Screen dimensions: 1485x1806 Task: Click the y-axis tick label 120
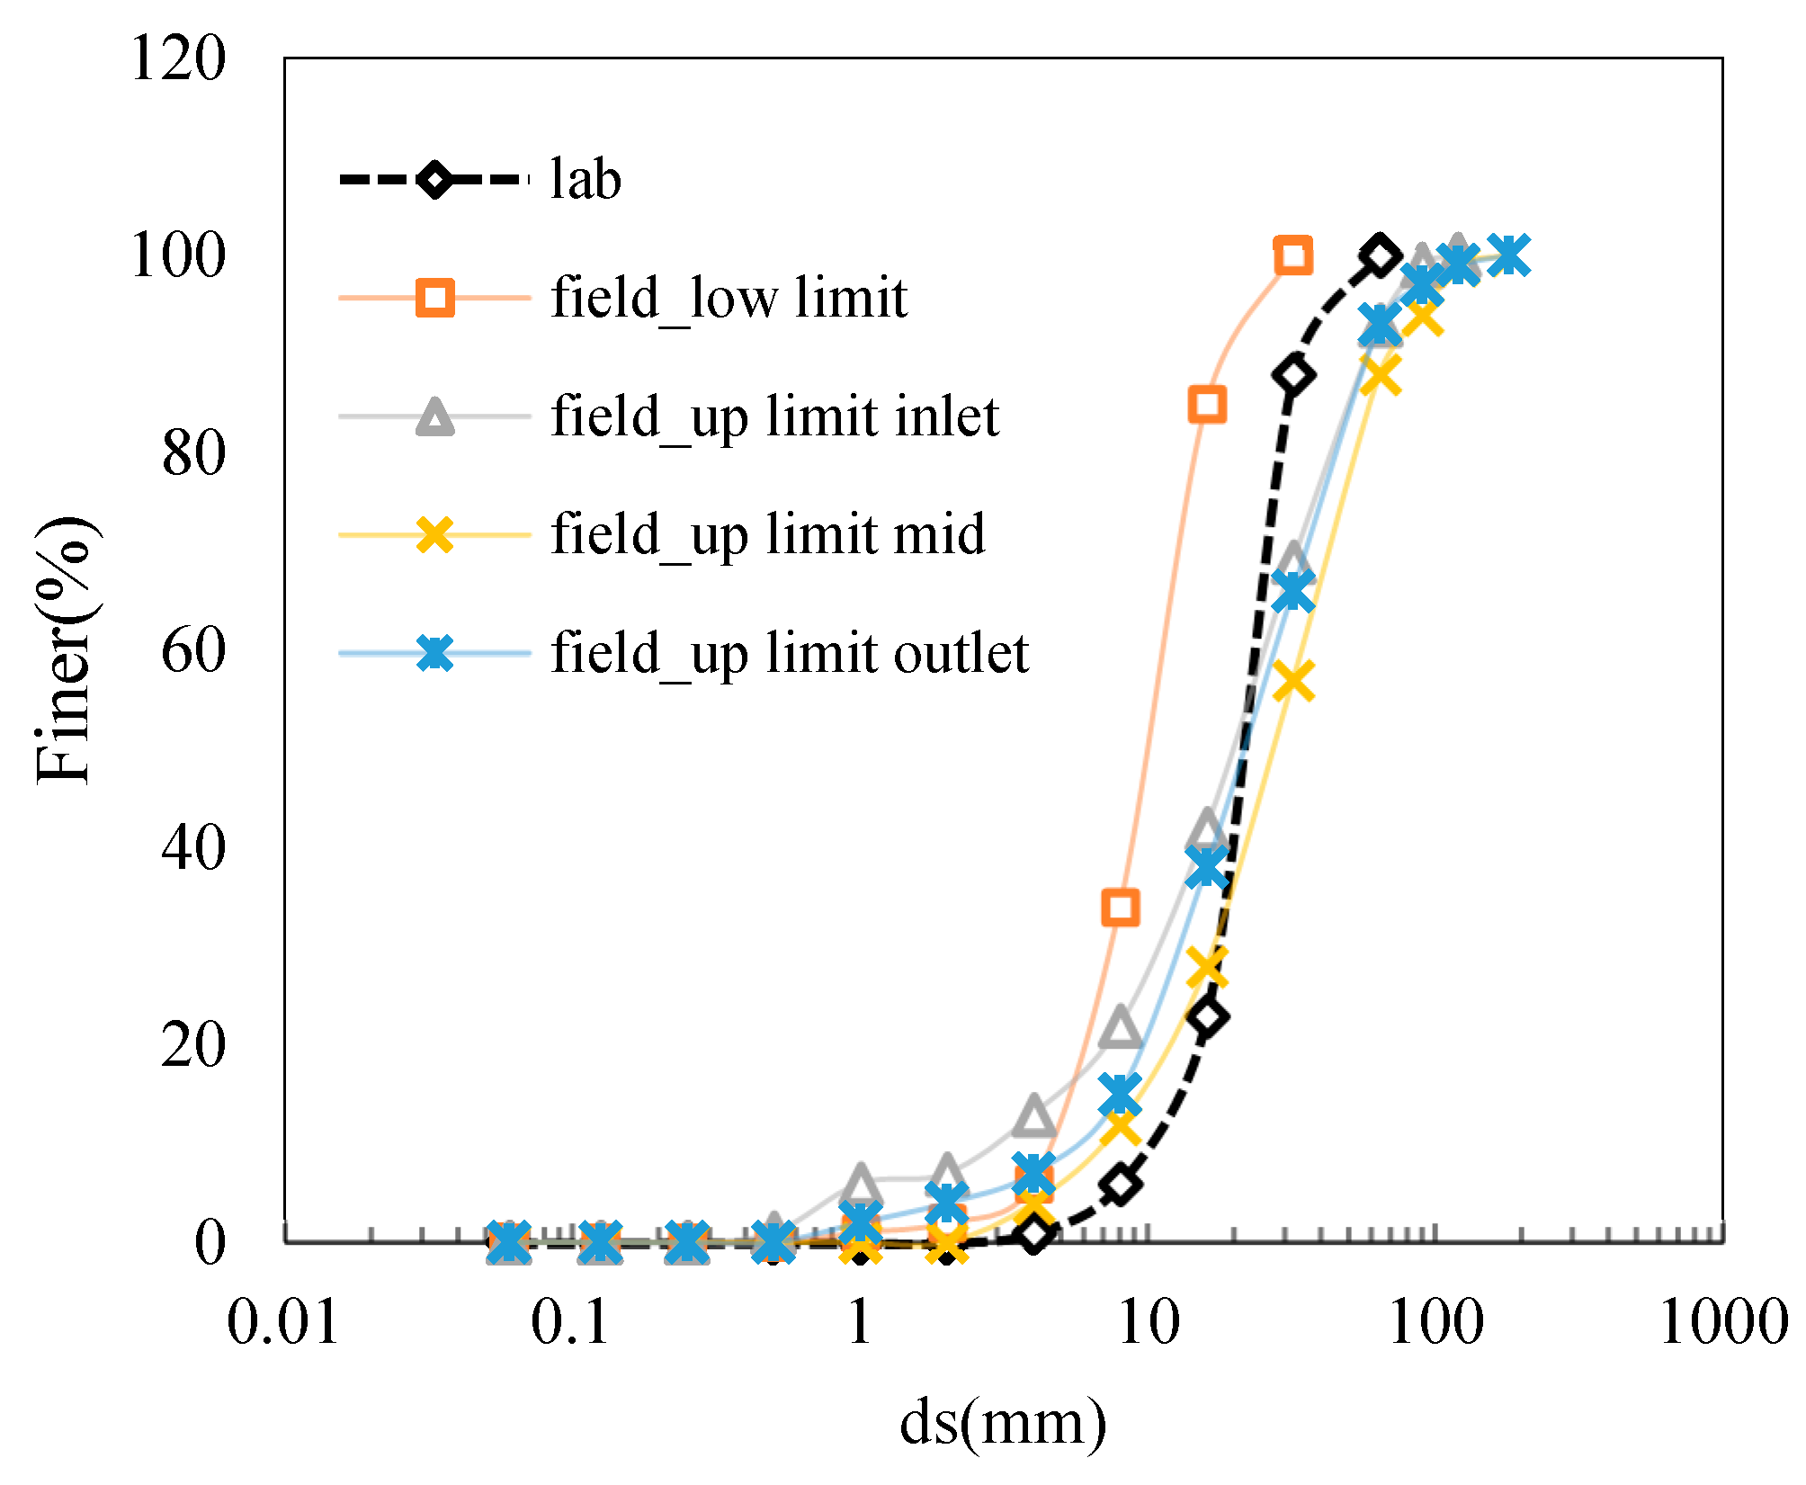click(178, 59)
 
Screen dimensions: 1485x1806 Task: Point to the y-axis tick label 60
click(193, 651)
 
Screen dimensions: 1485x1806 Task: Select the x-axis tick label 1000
click(1722, 1323)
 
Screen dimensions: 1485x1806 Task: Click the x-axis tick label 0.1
click(571, 1323)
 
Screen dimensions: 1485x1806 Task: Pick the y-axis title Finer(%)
click(65, 649)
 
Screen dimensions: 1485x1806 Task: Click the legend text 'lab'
click(586, 179)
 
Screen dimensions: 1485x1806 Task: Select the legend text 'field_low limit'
click(729, 297)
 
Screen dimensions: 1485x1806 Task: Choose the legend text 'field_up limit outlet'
click(790, 653)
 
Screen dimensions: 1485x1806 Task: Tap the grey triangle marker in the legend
click(435, 417)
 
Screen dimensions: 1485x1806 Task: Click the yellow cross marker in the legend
click(435, 535)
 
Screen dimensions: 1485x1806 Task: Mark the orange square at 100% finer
click(1293, 256)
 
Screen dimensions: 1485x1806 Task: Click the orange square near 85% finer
click(1207, 405)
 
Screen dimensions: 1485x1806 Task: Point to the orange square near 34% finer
click(1121, 908)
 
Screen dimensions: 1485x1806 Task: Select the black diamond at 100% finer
click(1380, 256)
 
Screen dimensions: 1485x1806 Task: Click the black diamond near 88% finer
click(1293, 375)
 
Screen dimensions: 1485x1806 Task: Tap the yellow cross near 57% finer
click(1293, 681)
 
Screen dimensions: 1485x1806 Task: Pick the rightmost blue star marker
click(1509, 255)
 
